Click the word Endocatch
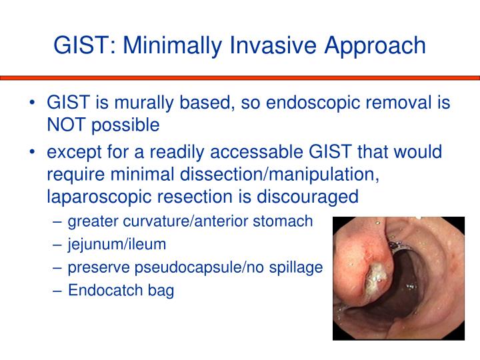click(x=99, y=291)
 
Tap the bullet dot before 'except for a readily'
click(x=33, y=153)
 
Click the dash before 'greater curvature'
click(x=58, y=221)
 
